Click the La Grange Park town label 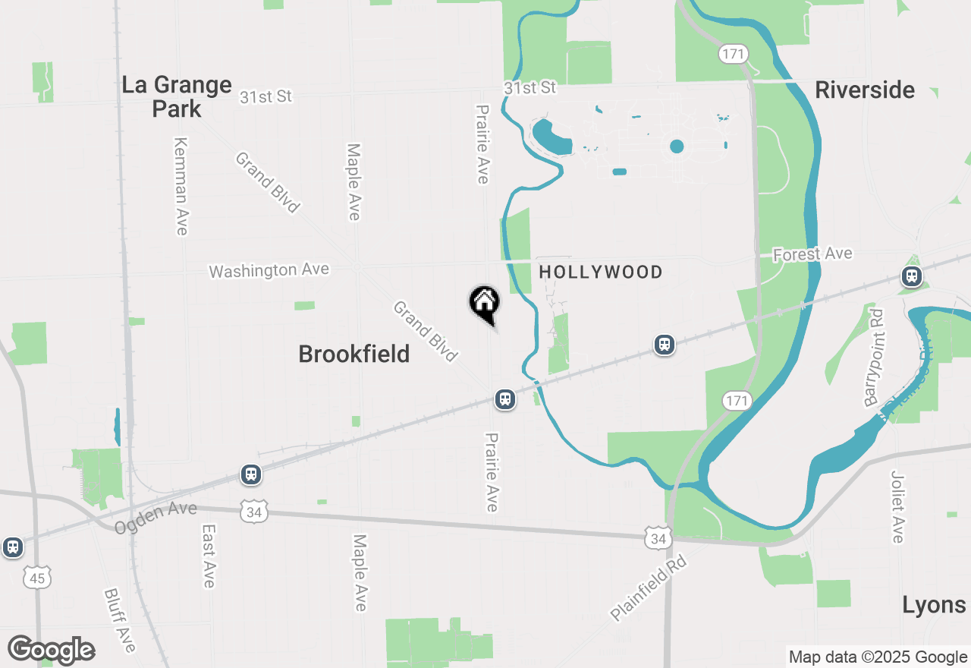177,96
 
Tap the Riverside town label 865,90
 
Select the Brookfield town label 354,354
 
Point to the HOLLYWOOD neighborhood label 601,272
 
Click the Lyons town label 934,605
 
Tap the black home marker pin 484,304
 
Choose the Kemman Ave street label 181,186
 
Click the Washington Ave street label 269,270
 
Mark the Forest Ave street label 812,254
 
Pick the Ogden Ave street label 156,518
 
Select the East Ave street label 209,556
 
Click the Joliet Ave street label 898,506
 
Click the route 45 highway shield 37,579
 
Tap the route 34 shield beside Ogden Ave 253,512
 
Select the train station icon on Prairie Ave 504,399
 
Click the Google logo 51,651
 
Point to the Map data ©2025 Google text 878,657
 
